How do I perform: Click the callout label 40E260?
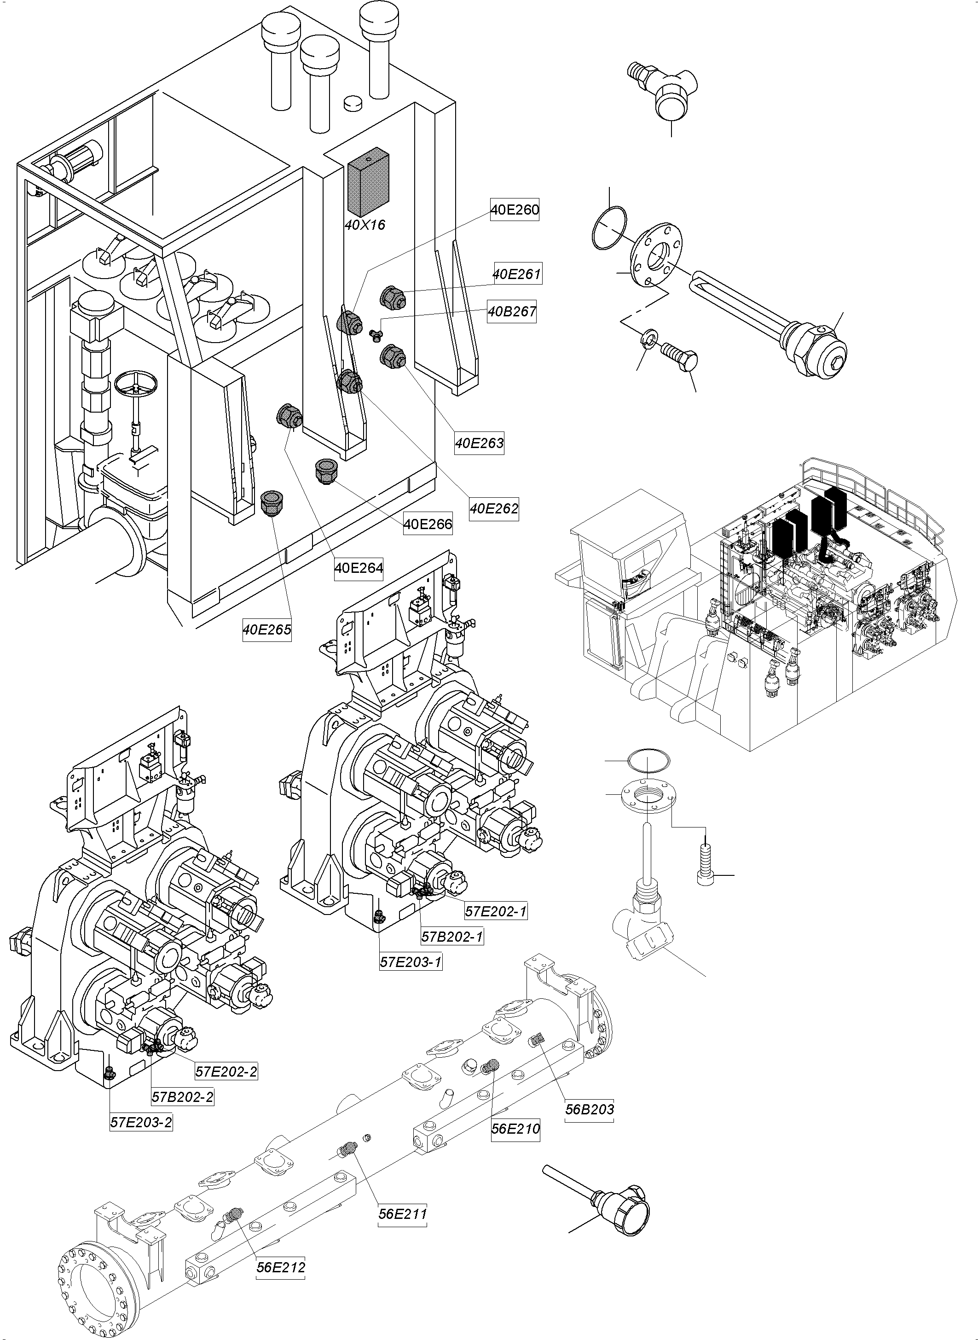coord(515,209)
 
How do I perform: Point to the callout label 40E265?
coord(267,629)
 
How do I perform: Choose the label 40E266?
coord(428,524)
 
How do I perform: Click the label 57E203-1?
coord(411,961)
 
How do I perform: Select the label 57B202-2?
coord(182,1096)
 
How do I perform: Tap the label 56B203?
coord(589,1109)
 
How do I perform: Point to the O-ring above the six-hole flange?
coord(609,228)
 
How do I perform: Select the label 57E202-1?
coord(496,911)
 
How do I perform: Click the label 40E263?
coord(479,443)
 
